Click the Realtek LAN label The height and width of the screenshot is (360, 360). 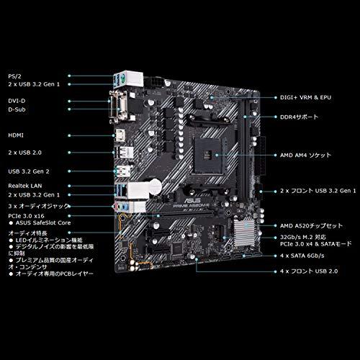pos(23,186)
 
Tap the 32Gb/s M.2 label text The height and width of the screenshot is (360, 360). pos(304,236)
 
